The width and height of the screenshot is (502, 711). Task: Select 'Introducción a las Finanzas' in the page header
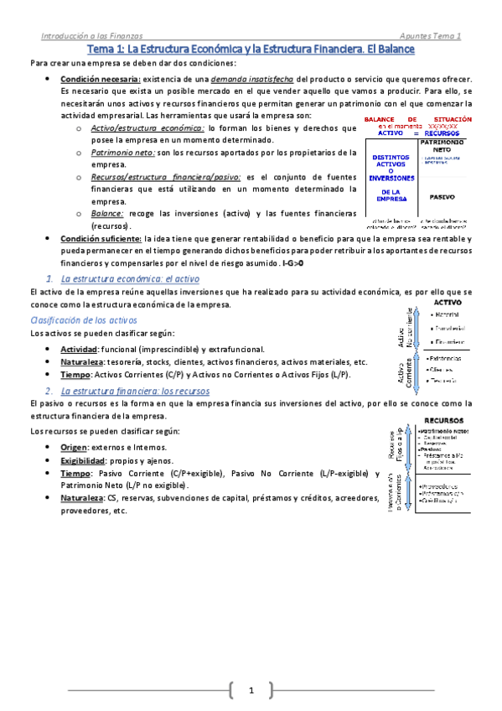click(x=92, y=36)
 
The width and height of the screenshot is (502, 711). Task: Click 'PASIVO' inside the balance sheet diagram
click(x=442, y=198)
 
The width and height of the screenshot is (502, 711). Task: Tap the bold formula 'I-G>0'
click(x=292, y=262)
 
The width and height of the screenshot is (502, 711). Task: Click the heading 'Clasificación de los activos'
click(x=84, y=321)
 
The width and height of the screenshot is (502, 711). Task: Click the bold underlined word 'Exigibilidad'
click(x=82, y=460)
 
